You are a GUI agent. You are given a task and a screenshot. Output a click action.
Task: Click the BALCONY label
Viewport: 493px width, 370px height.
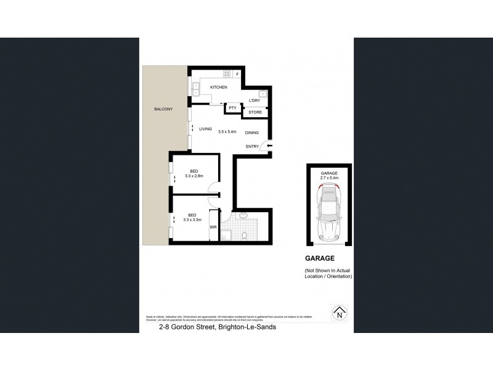(163, 109)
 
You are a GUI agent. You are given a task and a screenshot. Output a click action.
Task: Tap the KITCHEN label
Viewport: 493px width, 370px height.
(219, 88)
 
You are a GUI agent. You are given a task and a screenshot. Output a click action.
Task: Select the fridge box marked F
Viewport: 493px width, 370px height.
(237, 75)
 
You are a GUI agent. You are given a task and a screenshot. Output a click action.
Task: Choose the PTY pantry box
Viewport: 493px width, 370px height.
(232, 108)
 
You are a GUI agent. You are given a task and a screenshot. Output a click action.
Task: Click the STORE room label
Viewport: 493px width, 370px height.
(255, 112)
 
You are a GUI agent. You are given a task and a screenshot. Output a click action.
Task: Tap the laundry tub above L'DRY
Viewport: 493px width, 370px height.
(261, 94)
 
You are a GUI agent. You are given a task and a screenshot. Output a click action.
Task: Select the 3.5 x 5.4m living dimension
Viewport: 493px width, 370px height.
(229, 130)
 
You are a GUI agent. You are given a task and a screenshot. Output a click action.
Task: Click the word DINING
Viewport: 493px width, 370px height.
(252, 133)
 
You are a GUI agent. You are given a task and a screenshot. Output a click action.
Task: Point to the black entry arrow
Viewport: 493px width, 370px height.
(269, 146)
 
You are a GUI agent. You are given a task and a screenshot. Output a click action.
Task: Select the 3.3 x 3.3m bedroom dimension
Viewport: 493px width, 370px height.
(193, 219)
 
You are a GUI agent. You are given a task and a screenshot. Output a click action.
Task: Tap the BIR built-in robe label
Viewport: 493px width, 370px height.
(213, 228)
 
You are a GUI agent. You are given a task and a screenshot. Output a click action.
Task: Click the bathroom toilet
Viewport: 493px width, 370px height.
(245, 235)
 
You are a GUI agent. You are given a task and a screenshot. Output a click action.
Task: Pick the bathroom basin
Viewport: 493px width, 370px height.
(243, 216)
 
